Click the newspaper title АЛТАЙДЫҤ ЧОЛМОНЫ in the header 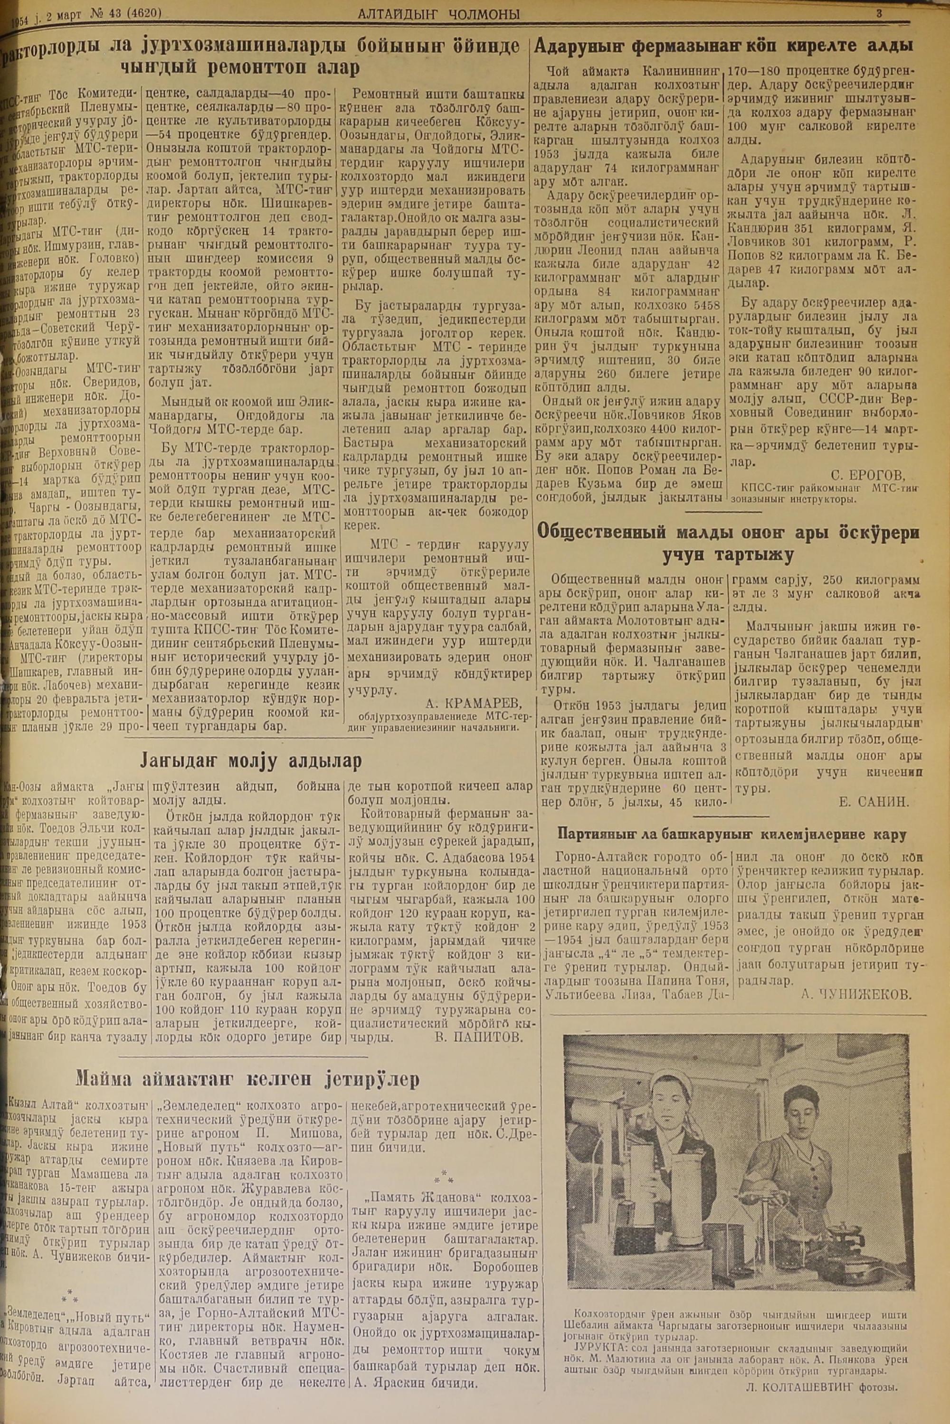coord(438,14)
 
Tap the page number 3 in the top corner coord(879,12)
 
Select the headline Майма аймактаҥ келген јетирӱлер coord(247,1079)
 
